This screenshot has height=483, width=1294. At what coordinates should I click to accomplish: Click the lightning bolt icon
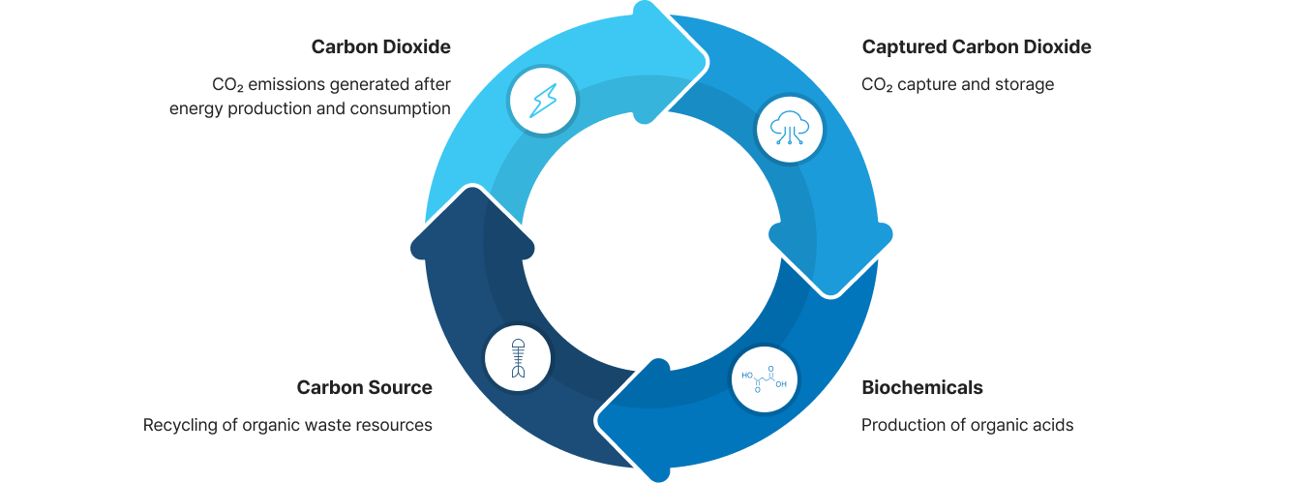pos(543,99)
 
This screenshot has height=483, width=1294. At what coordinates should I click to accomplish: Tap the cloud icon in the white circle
pos(790,127)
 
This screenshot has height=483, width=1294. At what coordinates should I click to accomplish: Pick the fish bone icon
pos(518,357)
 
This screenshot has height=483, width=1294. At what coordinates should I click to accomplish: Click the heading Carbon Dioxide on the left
pos(380,46)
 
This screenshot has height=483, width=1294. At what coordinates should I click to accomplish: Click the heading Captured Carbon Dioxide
pos(976,46)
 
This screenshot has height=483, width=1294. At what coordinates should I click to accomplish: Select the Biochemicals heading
pos(921,387)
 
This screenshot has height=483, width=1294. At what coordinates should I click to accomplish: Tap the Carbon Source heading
pos(364,387)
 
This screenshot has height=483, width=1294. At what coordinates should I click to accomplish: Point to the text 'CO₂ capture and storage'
pos(957,84)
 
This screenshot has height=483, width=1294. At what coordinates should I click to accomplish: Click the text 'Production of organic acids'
pos(967,425)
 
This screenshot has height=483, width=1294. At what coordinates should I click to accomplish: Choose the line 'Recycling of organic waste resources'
pos(287,425)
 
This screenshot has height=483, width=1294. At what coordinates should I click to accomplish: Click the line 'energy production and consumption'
pos(310,108)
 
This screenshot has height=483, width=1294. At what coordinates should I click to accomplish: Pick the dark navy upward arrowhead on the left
pos(466,232)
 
